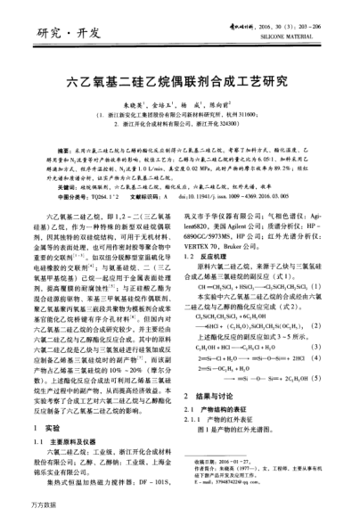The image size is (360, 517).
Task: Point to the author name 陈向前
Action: [x=226, y=103]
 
